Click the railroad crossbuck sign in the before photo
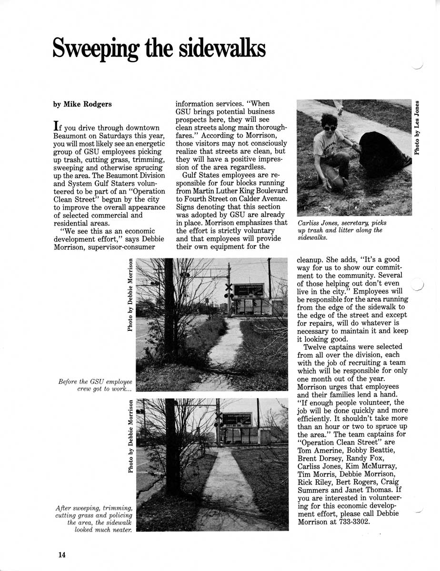tap(229, 288)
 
